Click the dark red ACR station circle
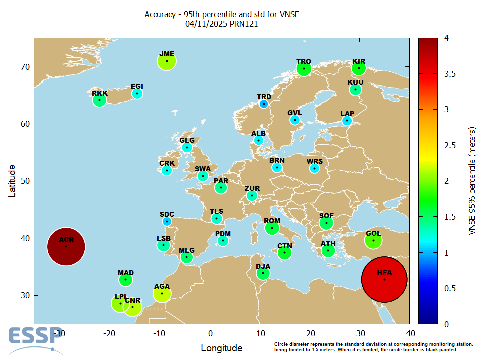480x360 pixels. click(66, 246)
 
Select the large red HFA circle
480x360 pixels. click(384, 279)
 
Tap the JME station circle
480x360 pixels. click(167, 61)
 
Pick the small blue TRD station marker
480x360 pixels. click(264, 104)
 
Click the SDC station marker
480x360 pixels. click(167, 221)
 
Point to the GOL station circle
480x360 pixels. click(373, 241)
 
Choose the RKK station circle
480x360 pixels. click(100, 100)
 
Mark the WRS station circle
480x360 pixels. click(314, 169)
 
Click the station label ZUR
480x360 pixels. click(252, 188)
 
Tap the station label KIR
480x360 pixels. click(359, 61)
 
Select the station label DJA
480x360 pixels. click(263, 266)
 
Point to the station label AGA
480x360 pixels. click(162, 286)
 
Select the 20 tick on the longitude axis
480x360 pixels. click(310, 333)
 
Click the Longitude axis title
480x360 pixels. click(221, 348)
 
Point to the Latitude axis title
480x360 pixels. click(12, 181)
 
